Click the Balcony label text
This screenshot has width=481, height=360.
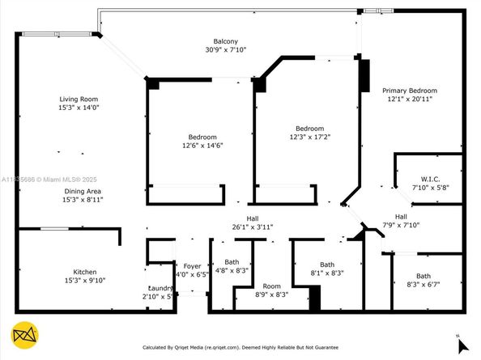pos(225,41)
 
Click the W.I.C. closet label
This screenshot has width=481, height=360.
pos(429,179)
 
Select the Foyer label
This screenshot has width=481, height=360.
pos(192,265)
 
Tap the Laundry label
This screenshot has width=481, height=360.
pos(160,288)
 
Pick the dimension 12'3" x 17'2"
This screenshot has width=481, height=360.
pos(309,137)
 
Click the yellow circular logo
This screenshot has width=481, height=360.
pos(23,334)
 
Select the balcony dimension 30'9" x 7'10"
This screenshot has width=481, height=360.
pos(225,49)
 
